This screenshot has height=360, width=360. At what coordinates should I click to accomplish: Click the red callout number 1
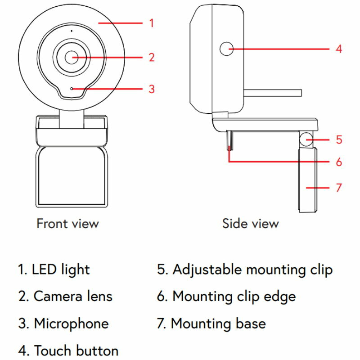tap(151, 23)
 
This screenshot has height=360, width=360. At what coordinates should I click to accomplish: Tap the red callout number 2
tap(152, 58)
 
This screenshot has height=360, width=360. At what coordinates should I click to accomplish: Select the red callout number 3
tap(152, 89)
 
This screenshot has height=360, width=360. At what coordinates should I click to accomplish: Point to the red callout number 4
tap(339, 49)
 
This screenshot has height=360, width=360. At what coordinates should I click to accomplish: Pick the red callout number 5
tap(339, 139)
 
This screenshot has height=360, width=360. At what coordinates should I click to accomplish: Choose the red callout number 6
tap(339, 162)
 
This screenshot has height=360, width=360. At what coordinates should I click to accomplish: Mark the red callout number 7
tap(339, 188)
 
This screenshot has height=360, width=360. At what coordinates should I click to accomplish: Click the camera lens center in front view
tap(72, 58)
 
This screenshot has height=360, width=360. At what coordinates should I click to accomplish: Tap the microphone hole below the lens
tap(72, 89)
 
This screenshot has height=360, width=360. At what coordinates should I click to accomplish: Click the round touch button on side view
tap(226, 49)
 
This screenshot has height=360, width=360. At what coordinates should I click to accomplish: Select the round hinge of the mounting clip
tap(306, 139)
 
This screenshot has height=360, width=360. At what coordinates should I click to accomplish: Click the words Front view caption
tap(68, 223)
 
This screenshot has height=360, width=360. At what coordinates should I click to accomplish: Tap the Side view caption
tap(251, 223)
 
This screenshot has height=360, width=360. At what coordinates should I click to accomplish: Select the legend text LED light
tap(54, 270)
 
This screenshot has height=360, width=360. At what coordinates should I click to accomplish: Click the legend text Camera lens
tap(65, 296)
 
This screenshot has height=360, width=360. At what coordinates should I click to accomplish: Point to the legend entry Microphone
tap(63, 324)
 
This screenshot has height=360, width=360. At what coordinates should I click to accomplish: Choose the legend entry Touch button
tap(68, 351)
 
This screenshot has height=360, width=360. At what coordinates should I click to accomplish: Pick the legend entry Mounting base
tap(211, 324)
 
